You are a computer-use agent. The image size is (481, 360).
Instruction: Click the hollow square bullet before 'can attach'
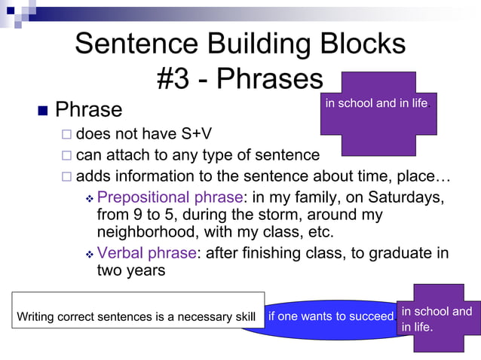click(66, 157)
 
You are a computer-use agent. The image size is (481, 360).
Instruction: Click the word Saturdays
click(400, 198)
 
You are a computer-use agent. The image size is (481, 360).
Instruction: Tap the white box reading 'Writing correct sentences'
click(136, 310)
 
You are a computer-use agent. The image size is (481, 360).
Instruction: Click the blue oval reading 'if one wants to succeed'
click(330, 316)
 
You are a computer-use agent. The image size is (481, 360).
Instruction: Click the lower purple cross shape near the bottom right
click(438, 318)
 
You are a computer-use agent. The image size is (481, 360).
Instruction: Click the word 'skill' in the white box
click(244, 316)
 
